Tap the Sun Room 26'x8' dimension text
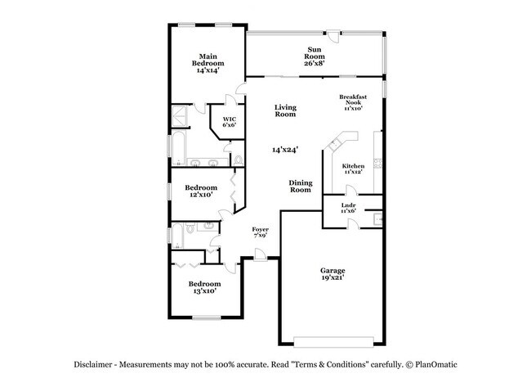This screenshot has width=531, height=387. (x=315, y=63)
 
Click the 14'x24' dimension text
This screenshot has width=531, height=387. (x=285, y=150)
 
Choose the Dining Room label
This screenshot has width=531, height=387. (x=301, y=186)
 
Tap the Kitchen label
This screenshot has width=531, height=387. (x=353, y=166)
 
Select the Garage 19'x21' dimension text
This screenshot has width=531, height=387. (x=332, y=278)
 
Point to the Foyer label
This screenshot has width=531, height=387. (x=260, y=231)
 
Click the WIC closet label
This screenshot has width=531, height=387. (x=230, y=120)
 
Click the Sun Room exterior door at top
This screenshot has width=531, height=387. (x=331, y=36)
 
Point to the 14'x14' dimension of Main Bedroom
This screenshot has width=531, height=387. (x=208, y=71)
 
